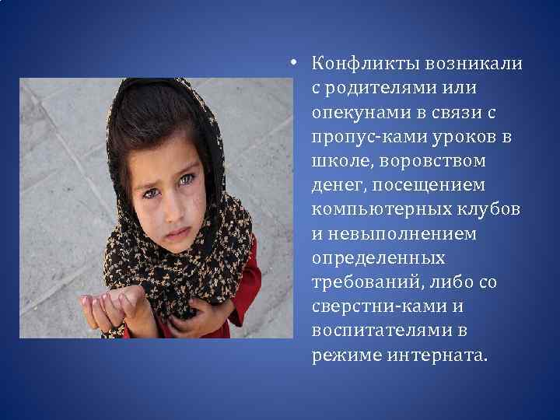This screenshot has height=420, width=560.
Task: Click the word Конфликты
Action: point(350,63)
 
